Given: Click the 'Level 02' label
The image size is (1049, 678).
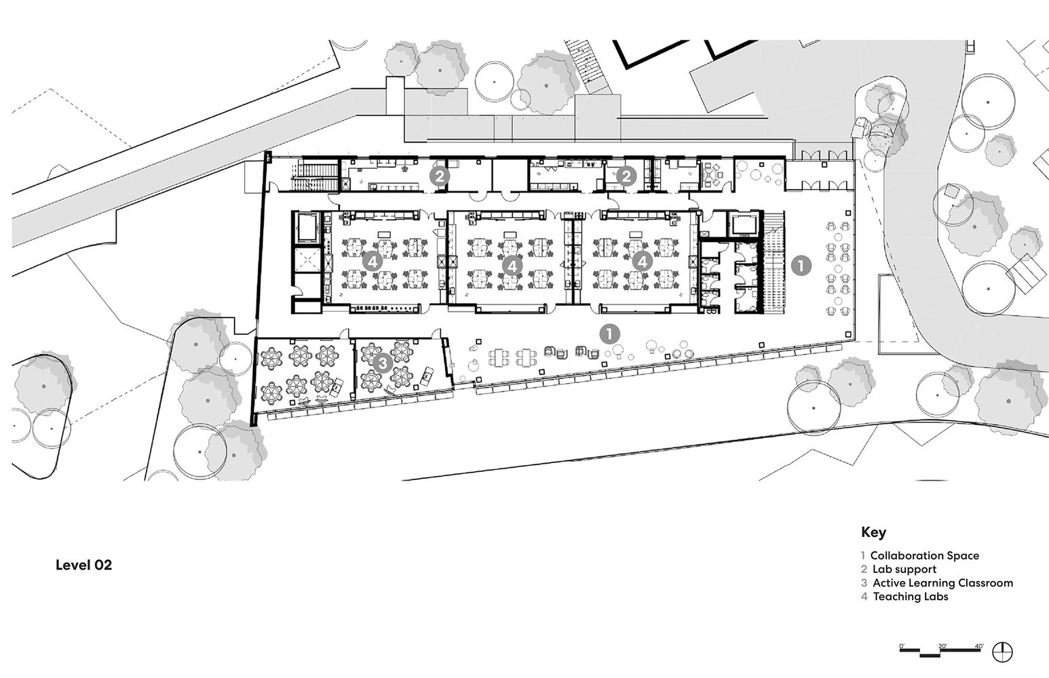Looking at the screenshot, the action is (84, 565).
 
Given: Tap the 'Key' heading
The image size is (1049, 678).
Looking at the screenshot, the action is (873, 532).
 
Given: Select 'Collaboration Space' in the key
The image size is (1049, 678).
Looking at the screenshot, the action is (924, 556).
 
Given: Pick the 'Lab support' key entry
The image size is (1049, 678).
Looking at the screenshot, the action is (904, 570).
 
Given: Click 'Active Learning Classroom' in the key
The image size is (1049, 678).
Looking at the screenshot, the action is (942, 583).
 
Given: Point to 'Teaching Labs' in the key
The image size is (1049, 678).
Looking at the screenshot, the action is (911, 597).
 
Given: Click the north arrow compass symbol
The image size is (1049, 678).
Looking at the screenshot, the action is (1002, 652).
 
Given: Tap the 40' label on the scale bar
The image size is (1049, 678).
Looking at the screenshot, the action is (979, 646).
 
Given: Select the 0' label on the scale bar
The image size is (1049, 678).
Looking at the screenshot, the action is (902, 646).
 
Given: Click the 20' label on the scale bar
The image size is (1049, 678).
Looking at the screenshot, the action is (942, 646).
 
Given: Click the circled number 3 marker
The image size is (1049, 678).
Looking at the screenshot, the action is (383, 363).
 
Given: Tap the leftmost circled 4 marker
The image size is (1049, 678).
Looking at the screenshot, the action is (373, 262).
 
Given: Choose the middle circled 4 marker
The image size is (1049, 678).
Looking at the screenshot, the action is (512, 266).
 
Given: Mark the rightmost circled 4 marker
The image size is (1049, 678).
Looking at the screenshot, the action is (642, 262).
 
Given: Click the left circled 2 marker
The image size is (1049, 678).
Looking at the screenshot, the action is (440, 176).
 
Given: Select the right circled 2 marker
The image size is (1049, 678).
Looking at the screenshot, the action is (626, 176).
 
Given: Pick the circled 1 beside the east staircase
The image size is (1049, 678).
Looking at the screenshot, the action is (801, 266).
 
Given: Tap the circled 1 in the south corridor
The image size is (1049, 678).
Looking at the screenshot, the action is (609, 334).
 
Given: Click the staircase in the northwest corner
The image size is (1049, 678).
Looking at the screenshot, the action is (315, 176).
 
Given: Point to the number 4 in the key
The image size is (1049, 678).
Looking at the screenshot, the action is (864, 597).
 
